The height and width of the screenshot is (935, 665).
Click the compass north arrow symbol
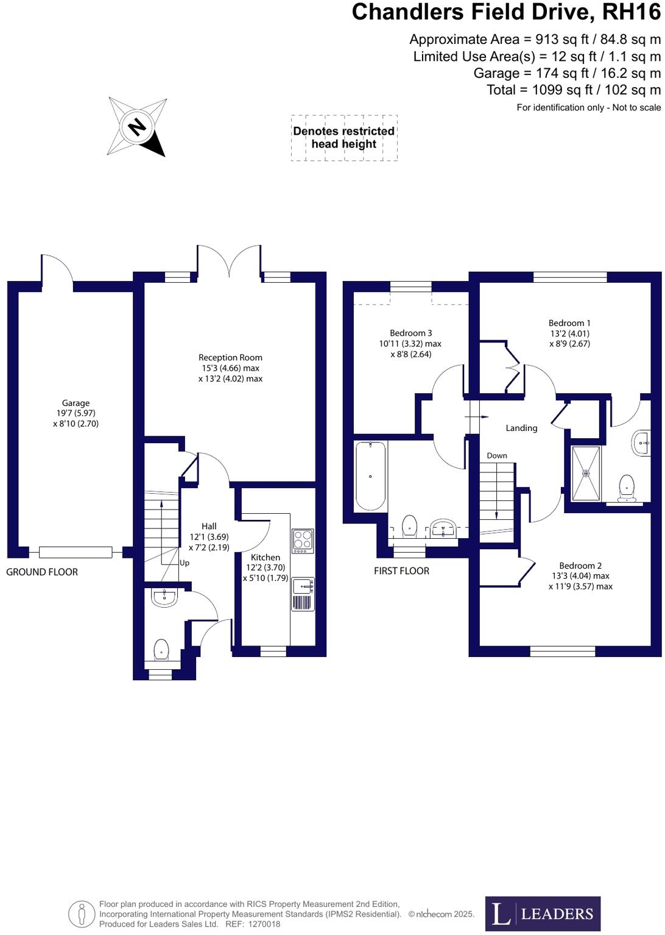click(138, 127)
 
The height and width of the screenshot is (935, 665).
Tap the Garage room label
click(76, 403)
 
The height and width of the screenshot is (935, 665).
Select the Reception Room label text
click(230, 358)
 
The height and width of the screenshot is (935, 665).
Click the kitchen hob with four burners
click(303, 541)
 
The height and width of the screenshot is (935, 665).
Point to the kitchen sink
click(303, 586)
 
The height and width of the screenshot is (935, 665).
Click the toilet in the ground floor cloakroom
click(161, 650)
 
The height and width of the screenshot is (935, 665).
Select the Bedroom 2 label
click(580, 566)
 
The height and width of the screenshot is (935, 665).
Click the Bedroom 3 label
click(411, 333)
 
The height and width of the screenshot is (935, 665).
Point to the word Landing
click(521, 428)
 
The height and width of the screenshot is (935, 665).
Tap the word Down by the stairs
click(497, 455)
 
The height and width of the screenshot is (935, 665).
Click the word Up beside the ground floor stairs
click(185, 563)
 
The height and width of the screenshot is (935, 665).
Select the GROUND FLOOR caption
click(42, 572)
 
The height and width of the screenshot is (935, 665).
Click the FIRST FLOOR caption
click(401, 571)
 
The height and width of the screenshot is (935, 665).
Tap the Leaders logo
click(543, 913)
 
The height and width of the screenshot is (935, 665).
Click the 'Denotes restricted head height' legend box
click(344, 138)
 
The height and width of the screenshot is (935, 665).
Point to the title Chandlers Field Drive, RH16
click(505, 12)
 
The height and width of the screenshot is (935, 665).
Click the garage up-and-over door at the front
click(76, 552)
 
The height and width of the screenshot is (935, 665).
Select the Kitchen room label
click(266, 557)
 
